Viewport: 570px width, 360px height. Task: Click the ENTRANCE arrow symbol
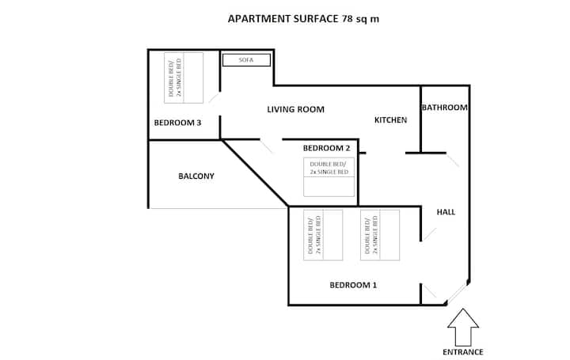pyautogui.click(x=463, y=328)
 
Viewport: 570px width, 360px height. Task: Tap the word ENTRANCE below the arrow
pyautogui.click(x=463, y=352)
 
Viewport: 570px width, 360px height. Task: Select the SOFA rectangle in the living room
pyautogui.click(x=246, y=60)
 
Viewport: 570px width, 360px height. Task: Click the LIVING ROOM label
pyautogui.click(x=295, y=109)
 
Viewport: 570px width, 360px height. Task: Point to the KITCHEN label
pyautogui.click(x=390, y=120)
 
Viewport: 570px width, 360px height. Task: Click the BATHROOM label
pyautogui.click(x=445, y=108)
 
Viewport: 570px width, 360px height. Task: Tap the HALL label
pyautogui.click(x=446, y=212)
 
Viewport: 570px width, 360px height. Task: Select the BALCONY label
pyautogui.click(x=196, y=176)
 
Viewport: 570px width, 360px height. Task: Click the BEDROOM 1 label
pyautogui.click(x=353, y=285)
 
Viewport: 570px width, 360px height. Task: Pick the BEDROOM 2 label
pyautogui.click(x=326, y=148)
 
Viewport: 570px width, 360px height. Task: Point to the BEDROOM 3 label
pyautogui.click(x=177, y=123)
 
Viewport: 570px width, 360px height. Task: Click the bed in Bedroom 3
pyautogui.click(x=184, y=78)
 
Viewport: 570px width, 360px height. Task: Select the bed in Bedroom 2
pyautogui.click(x=329, y=177)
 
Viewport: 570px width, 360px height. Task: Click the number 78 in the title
pyautogui.click(x=348, y=19)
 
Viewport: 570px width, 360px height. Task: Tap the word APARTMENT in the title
pyautogui.click(x=259, y=19)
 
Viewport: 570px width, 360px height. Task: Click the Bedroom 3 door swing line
pyautogui.click(x=214, y=97)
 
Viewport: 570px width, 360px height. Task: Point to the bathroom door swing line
pyautogui.click(x=453, y=161)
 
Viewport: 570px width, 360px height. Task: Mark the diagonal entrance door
pyautogui.click(x=457, y=293)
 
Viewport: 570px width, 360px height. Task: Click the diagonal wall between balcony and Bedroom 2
pyautogui.click(x=255, y=173)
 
